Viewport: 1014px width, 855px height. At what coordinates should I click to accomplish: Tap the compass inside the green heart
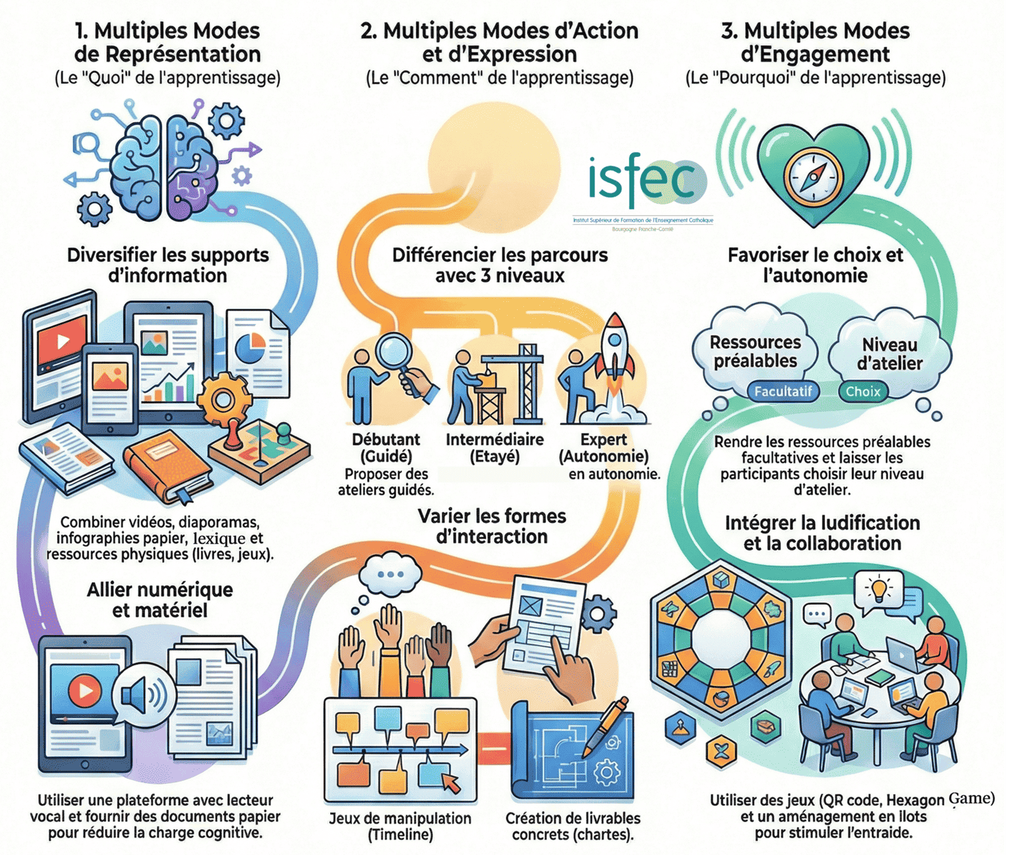pyautogui.click(x=812, y=174)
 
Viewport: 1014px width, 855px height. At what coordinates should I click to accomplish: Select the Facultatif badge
pyautogui.click(x=783, y=392)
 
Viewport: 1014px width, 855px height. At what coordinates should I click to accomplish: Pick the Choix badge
pyautogui.click(x=863, y=392)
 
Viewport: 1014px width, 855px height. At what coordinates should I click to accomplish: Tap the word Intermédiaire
pyautogui.click(x=494, y=439)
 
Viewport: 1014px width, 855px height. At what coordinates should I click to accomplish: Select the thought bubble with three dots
pyautogui.click(x=391, y=574)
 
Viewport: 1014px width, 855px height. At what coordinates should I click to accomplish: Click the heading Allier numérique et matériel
pyautogui.click(x=159, y=599)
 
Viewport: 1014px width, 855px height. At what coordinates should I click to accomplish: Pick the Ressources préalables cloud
pyautogui.click(x=755, y=351)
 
